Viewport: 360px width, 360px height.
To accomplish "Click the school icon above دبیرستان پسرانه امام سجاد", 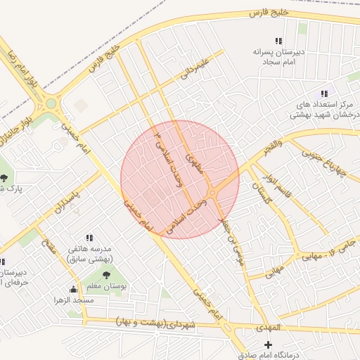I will point(279,41).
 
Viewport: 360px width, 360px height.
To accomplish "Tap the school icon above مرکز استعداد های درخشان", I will point(324,94).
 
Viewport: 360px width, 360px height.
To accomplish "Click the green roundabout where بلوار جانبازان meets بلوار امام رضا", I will point(51,104).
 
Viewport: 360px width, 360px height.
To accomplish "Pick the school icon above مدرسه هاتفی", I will point(89,238).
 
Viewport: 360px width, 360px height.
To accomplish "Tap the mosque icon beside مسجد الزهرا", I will point(74,289).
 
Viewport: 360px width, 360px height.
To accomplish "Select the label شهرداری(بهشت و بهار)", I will point(157,323).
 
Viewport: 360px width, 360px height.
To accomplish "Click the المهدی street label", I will point(268,328).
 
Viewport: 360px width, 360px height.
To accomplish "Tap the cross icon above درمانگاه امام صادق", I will point(267,345).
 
